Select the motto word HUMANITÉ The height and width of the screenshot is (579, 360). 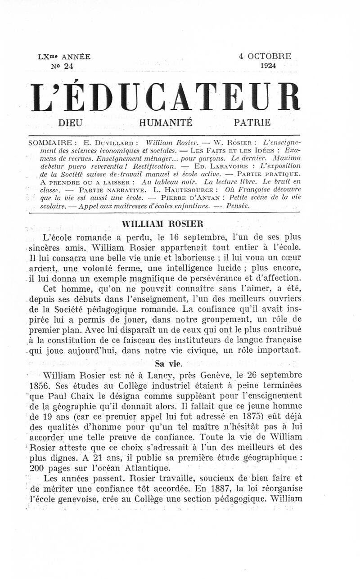166,122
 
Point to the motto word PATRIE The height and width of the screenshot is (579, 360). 252,122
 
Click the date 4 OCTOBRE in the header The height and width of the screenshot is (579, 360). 265,57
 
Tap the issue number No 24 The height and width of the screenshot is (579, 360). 63,66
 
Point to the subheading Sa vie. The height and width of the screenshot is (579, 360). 166,363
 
